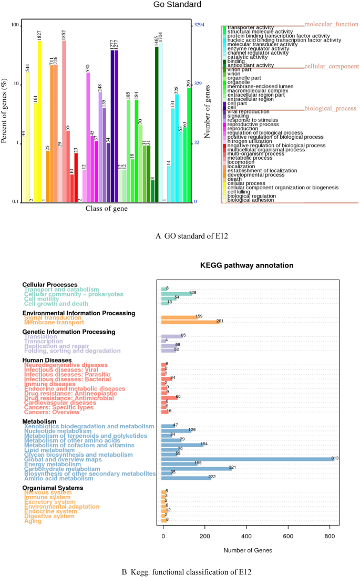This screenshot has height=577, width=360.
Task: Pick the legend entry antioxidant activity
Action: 250,65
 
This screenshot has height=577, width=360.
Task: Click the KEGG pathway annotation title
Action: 246,266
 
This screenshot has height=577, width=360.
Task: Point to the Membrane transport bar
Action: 189,322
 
